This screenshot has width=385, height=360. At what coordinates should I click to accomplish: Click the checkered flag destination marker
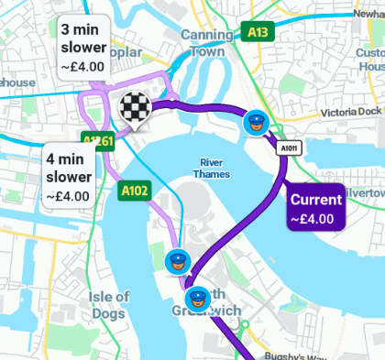[x=134, y=107]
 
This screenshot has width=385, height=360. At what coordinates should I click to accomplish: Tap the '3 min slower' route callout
[x=82, y=45]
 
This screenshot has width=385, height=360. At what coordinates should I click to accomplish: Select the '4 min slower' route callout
[x=70, y=174]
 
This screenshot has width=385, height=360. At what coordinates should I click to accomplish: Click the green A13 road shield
[x=259, y=32]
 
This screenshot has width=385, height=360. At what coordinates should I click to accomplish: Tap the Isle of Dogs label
[x=109, y=305]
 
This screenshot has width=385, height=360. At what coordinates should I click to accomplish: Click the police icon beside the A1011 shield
[x=256, y=122]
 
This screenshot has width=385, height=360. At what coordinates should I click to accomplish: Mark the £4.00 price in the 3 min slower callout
[x=82, y=66]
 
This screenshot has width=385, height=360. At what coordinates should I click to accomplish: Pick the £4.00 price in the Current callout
[x=312, y=219]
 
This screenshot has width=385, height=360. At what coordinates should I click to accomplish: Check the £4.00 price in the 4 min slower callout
[x=69, y=195]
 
